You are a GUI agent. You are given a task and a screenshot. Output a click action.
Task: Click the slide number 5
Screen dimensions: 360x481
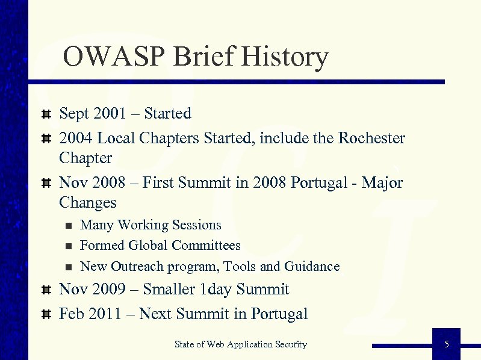[x=446, y=344]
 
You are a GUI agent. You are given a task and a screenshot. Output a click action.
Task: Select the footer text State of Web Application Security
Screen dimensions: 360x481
[x=241, y=344]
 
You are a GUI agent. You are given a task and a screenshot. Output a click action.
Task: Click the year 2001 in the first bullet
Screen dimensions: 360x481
[x=113, y=114]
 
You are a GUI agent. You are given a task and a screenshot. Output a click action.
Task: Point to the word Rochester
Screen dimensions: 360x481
[x=371, y=138]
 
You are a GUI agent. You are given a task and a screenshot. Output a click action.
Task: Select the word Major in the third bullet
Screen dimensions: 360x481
[x=382, y=182]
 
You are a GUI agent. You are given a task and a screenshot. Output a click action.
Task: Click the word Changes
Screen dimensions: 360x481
[x=88, y=202]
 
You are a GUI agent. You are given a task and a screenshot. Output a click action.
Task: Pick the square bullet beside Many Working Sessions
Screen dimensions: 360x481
[x=69, y=226]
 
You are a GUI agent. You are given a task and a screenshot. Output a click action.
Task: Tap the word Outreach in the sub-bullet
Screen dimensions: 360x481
[x=141, y=266]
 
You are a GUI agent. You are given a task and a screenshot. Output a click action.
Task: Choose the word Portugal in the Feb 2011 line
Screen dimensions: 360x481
[x=279, y=314]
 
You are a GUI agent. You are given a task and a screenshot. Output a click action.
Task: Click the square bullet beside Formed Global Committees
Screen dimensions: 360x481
[x=69, y=246]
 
